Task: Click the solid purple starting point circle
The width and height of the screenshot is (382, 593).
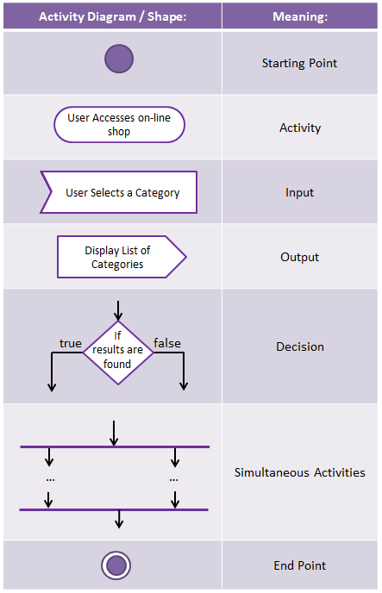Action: (x=119, y=59)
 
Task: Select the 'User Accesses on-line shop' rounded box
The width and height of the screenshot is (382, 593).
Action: (x=119, y=124)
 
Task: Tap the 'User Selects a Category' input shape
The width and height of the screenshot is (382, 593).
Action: (x=119, y=192)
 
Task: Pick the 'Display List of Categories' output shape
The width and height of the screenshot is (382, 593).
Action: (x=122, y=257)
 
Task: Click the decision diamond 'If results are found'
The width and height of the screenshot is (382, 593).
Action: (x=118, y=353)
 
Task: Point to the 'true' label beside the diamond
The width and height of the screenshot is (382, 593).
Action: (x=71, y=343)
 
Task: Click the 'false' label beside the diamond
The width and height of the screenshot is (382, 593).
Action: (x=167, y=343)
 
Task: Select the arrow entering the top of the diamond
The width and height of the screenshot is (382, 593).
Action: (x=118, y=311)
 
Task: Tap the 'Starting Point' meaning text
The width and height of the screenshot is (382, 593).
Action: (x=299, y=63)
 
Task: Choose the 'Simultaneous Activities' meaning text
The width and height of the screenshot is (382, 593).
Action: (x=299, y=472)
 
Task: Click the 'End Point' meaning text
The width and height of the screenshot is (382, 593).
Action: (x=299, y=565)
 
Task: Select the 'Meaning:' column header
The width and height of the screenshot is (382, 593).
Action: (x=300, y=16)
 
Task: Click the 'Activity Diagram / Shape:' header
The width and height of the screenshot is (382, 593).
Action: (x=113, y=16)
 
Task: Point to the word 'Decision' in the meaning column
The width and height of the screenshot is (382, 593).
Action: (x=300, y=346)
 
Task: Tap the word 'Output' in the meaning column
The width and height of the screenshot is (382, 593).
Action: (x=299, y=257)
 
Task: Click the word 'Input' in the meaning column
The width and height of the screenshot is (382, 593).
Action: (x=299, y=192)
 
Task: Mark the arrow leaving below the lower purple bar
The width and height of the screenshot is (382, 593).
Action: (x=119, y=519)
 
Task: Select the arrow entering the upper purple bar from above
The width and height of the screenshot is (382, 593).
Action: (x=114, y=434)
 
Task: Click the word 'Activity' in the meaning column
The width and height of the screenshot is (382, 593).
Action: (x=300, y=128)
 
